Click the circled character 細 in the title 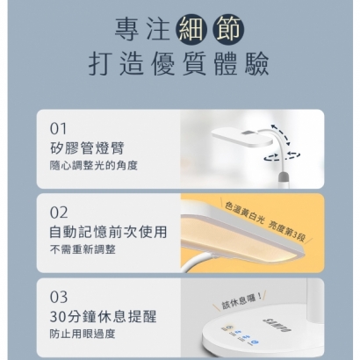(191, 30)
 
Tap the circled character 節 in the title (228, 30)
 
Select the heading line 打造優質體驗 (179, 64)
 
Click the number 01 (58, 129)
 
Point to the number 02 (59, 212)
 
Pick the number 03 (59, 297)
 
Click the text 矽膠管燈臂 (87, 148)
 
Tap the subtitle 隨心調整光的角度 (94, 166)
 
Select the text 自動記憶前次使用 (108, 232)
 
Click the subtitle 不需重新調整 (83, 249)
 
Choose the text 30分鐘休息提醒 (104, 316)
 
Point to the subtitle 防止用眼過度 (83, 334)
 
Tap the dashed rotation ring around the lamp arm (282, 156)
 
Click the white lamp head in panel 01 (241, 137)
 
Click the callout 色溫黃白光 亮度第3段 (265, 221)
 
